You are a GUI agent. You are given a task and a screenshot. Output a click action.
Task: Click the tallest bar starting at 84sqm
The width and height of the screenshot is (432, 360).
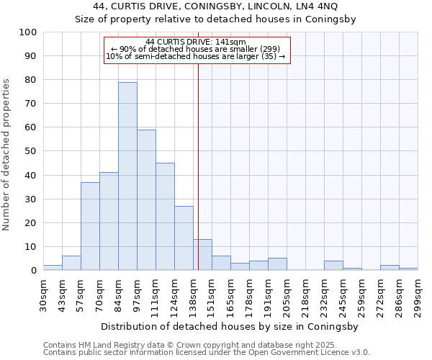coord(127,176)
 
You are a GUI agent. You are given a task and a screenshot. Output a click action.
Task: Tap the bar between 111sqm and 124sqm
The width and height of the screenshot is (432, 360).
coord(165,217)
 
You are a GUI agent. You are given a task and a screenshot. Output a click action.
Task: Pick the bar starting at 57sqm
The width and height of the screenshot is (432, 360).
coord(90,226)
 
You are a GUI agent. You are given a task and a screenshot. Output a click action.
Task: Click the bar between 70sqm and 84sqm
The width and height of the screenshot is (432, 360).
coord(109,221)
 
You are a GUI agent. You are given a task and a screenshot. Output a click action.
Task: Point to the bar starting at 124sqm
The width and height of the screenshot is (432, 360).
coord(184,238)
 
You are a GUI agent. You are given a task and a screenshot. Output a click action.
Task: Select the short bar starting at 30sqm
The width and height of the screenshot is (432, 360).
coord(53,268)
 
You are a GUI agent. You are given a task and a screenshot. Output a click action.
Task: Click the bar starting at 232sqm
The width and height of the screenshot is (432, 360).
coord(333,266)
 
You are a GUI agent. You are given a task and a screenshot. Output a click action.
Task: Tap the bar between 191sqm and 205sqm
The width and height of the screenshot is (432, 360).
coord(277,264)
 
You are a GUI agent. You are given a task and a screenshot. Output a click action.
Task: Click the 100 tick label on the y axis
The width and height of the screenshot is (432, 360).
coord(28,32)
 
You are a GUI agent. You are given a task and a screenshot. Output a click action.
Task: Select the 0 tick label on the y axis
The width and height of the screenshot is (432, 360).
coord(34,270)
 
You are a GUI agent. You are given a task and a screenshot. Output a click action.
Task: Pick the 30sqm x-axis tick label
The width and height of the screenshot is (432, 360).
coord(43,294)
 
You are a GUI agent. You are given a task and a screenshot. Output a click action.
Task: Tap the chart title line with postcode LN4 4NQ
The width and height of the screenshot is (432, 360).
coord(215,6)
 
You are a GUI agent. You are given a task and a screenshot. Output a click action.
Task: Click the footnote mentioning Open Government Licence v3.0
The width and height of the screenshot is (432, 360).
coord(206,353)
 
